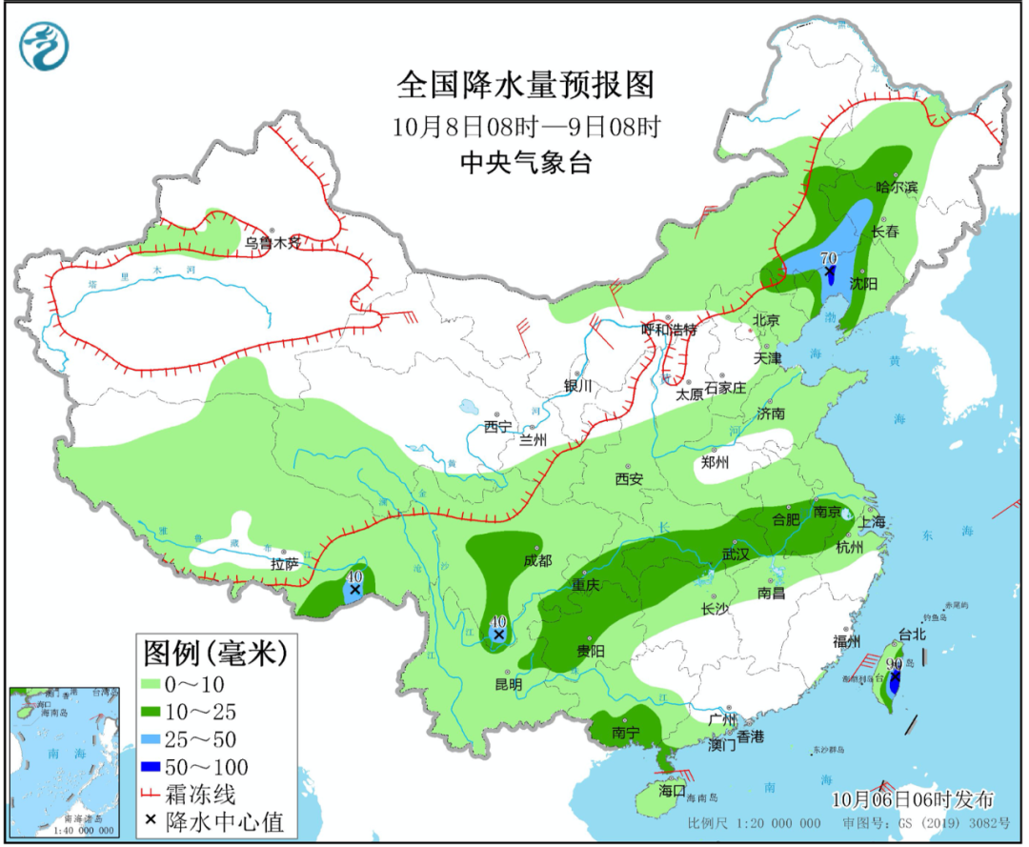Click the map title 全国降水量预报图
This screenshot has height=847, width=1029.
(526, 86)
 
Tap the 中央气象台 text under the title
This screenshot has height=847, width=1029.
(526, 163)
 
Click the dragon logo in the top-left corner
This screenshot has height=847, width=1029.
(46, 47)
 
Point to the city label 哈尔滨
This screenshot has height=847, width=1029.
(896, 187)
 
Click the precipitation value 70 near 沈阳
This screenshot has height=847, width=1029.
(828, 258)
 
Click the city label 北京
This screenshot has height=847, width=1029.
(767, 321)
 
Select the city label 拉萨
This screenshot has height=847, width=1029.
(284, 564)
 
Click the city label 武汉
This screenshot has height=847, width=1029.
(736, 553)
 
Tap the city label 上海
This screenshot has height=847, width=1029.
(871, 521)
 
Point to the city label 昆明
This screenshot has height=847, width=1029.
(508, 683)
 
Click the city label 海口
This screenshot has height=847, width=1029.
(672, 790)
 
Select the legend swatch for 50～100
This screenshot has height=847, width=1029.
(152, 767)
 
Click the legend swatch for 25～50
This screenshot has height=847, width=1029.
(152, 739)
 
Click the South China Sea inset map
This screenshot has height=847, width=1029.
(64, 761)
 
